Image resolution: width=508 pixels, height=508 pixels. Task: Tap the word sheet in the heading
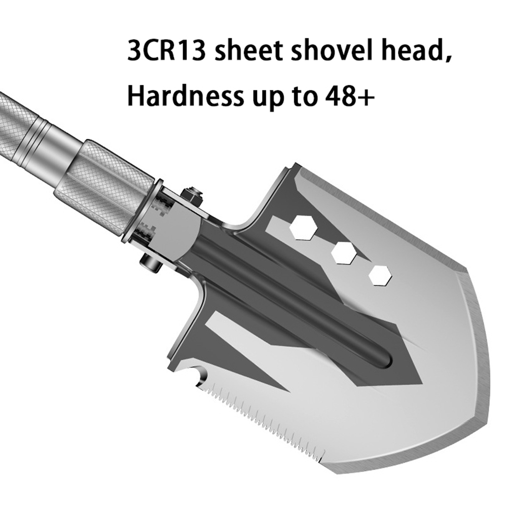[248, 51]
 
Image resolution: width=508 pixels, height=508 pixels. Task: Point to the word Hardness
[185, 96]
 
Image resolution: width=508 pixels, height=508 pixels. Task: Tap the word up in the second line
[269, 99]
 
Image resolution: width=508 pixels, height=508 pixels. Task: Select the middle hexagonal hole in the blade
[344, 252]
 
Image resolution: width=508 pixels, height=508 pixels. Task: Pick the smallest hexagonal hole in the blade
[380, 275]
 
